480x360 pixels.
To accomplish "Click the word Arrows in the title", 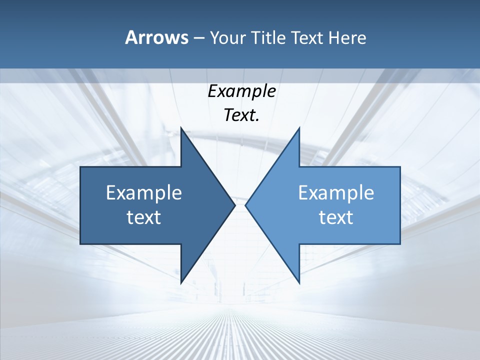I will (x=156, y=37).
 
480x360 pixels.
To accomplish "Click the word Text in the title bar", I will (x=307, y=37).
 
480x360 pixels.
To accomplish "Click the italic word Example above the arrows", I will (x=241, y=91).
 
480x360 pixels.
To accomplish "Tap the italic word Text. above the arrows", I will (x=241, y=115).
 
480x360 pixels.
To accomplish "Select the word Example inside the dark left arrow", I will (x=144, y=192).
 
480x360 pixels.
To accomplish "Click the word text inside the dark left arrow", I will (x=144, y=217).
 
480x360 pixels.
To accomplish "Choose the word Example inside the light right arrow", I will (x=336, y=192).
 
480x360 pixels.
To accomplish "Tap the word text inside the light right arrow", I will (x=336, y=217).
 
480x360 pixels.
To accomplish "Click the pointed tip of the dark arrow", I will (x=234, y=205).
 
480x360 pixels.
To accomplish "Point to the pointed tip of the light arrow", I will (x=246, y=205).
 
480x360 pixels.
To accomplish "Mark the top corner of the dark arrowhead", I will (x=181, y=128).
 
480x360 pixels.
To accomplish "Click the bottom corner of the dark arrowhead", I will (x=181, y=282).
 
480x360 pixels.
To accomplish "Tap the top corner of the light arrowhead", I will (x=299, y=128).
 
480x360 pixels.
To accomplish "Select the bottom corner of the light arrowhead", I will (x=299, y=282).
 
